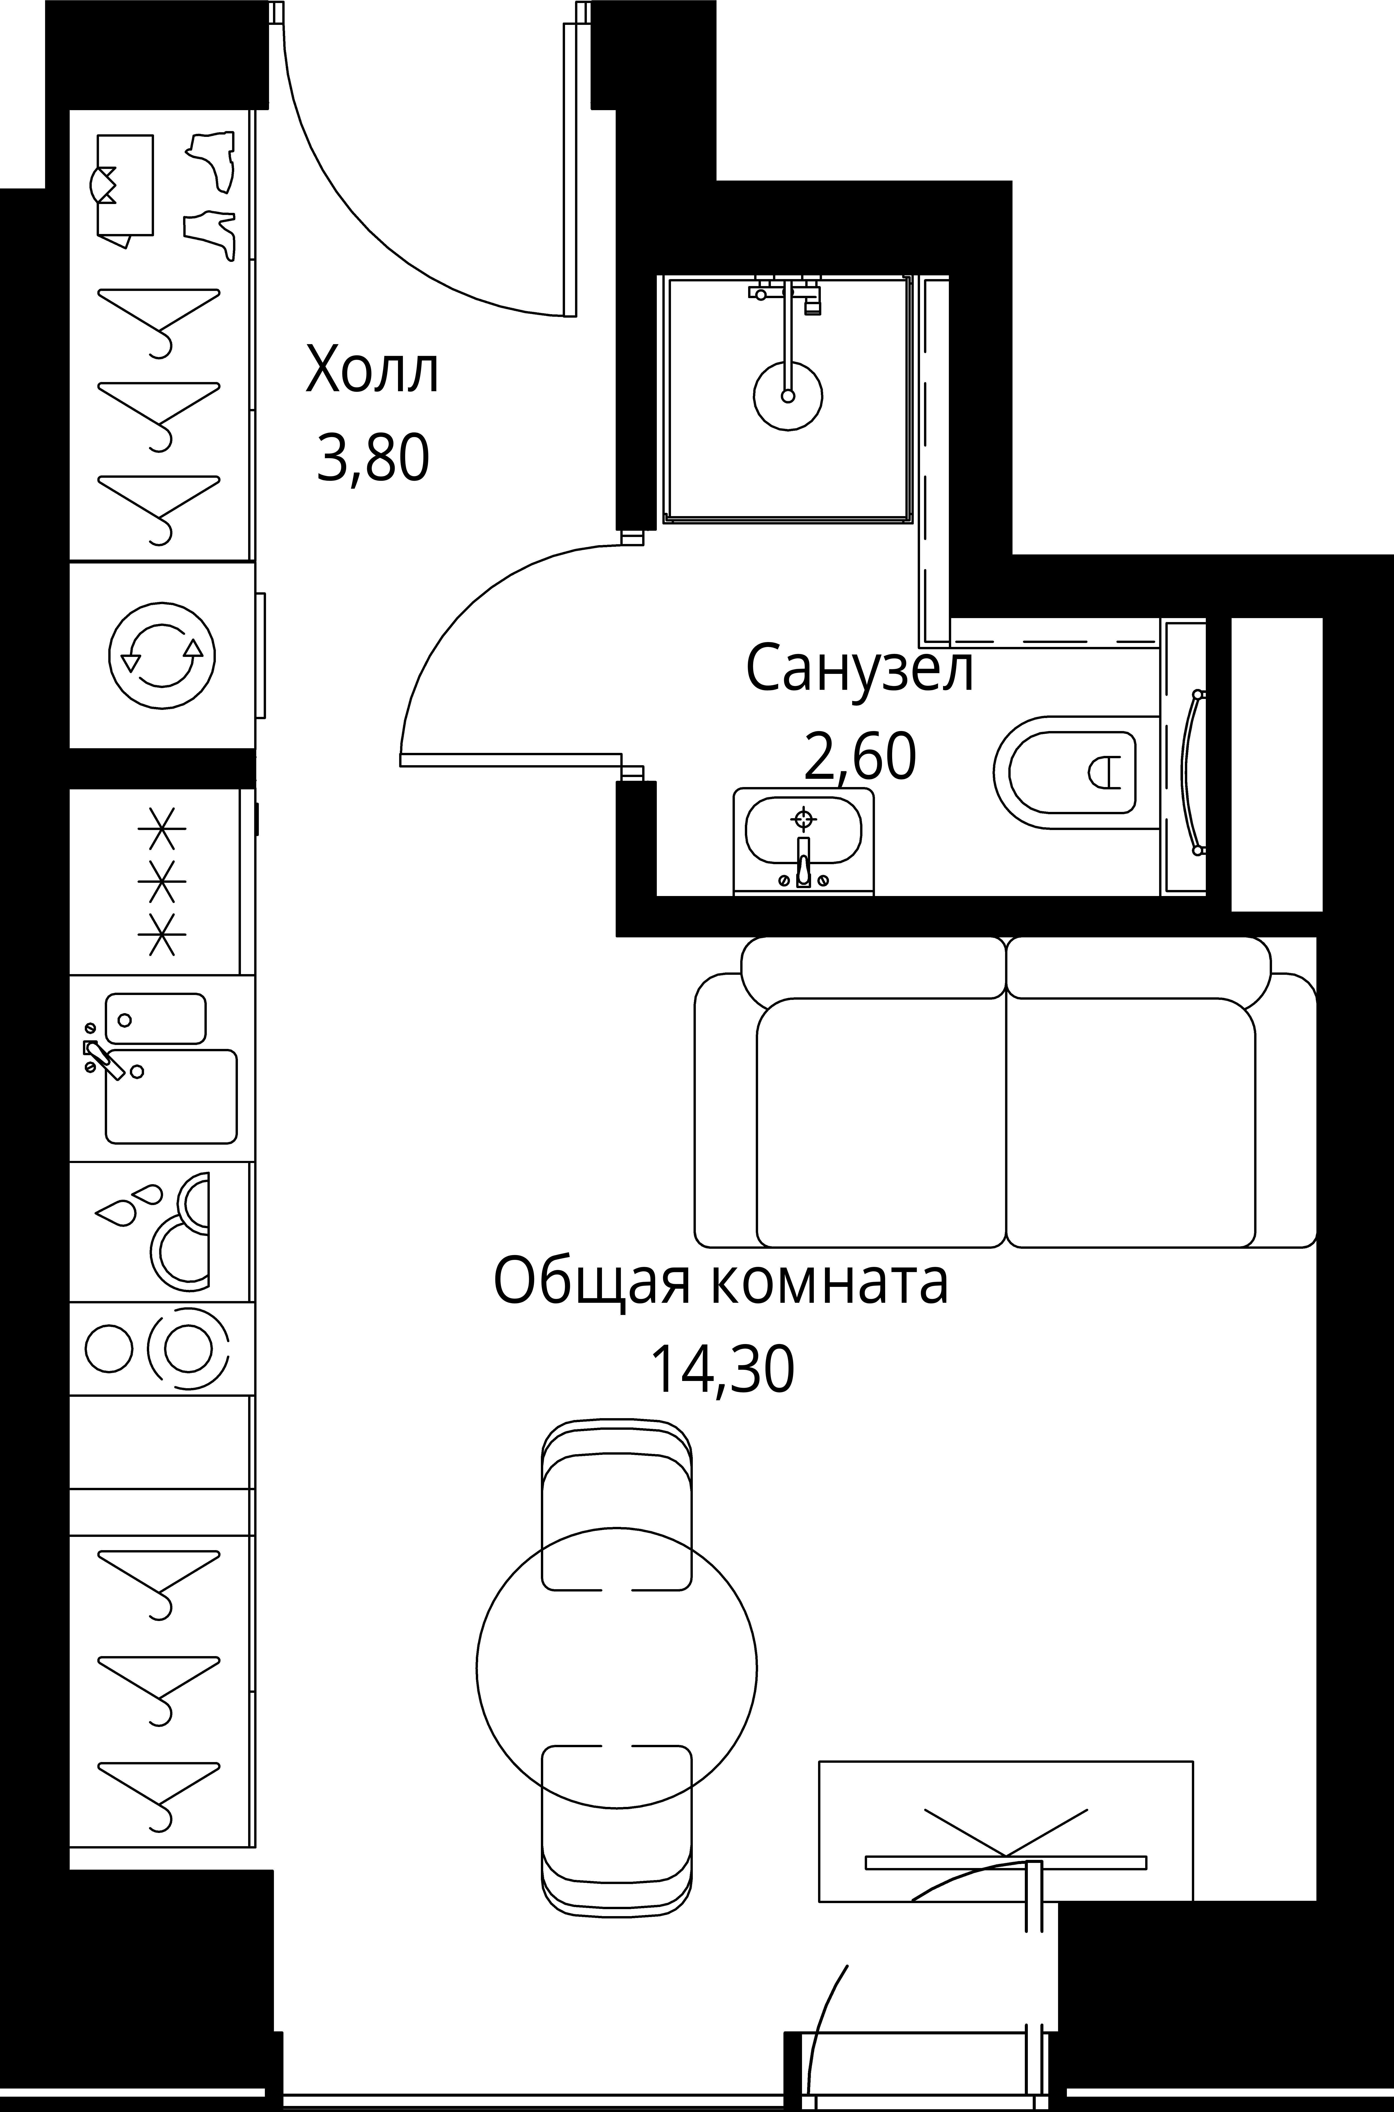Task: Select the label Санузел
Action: point(860,669)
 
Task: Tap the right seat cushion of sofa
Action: point(1131,1122)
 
